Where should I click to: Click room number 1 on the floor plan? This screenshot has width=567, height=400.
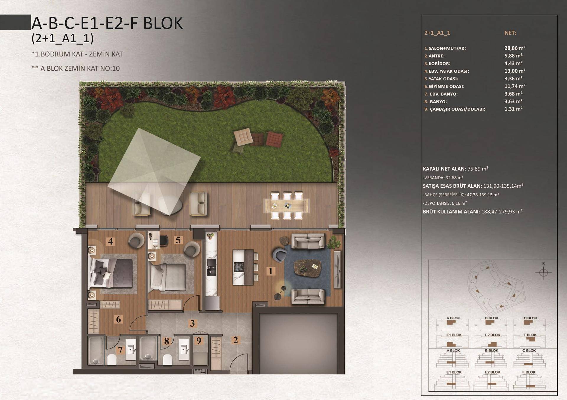[271, 271]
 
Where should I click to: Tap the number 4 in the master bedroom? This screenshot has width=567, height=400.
[110, 242]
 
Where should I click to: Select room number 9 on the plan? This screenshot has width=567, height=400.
[199, 341]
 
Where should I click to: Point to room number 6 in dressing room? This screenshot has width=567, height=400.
[118, 319]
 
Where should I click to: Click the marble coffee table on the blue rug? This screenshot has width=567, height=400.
[307, 268]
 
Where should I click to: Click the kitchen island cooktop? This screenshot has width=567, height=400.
[239, 267]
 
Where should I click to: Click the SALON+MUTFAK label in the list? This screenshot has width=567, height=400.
[447, 48]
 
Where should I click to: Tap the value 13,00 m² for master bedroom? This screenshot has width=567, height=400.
[515, 71]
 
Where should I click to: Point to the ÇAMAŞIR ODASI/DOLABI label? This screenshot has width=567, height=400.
[457, 109]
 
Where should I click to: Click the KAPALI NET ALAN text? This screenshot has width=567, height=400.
[444, 169]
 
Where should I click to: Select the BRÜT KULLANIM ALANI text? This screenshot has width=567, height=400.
[452, 212]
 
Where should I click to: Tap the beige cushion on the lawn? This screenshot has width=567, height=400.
[243, 137]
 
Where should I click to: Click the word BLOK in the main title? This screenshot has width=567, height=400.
[163, 23]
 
